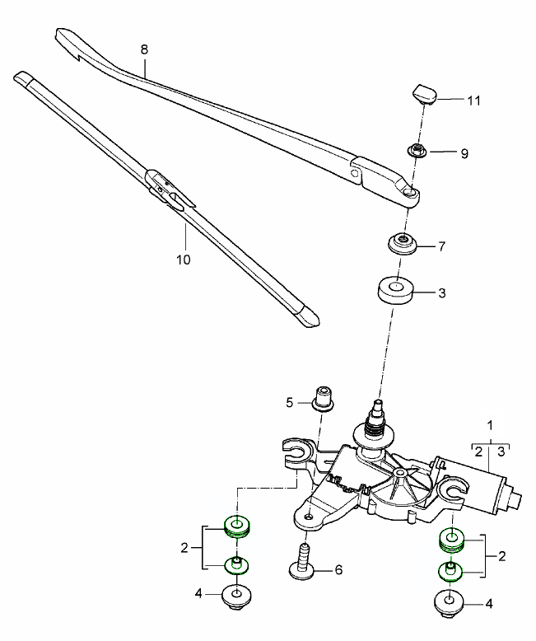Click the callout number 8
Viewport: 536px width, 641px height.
[144, 49]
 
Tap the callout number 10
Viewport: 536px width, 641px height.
[183, 259]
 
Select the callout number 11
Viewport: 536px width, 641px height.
[473, 101]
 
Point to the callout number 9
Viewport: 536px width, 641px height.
[464, 153]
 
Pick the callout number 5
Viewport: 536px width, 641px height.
[289, 402]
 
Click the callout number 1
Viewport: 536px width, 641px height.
[491, 425]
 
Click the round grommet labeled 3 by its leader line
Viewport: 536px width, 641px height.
[395, 292]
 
